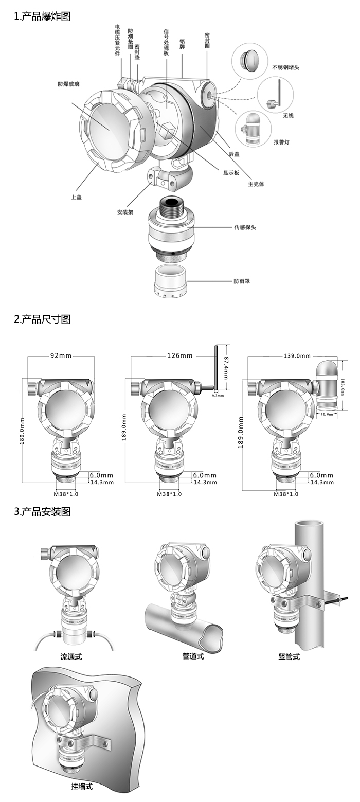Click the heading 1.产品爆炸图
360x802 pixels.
pos(42,16)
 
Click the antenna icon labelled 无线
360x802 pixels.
pos(275,95)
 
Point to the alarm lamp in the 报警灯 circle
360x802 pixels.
pos(253,129)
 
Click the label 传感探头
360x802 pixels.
pos(245,227)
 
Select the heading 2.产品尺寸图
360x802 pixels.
pos(42,319)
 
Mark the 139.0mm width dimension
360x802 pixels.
pos(297,355)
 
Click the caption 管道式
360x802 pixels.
pos(193,656)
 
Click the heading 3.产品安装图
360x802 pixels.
pos(42,512)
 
